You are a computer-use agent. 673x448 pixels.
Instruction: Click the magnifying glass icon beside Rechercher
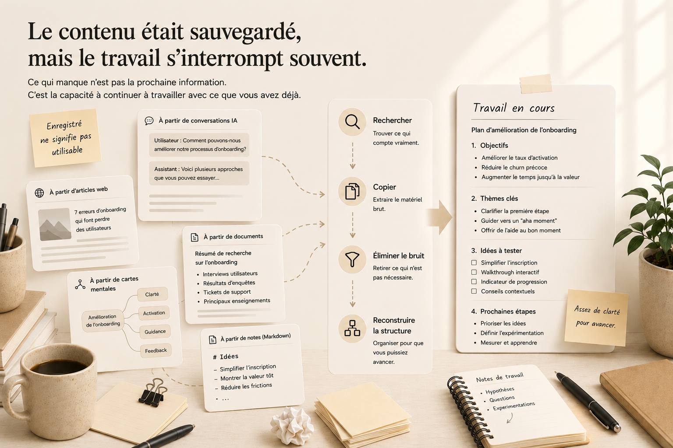coord(352,122)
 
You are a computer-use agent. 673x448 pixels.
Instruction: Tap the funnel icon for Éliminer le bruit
coord(352,259)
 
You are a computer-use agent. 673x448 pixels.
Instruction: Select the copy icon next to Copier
coord(352,191)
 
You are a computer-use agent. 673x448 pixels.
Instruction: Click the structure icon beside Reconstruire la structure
coord(352,328)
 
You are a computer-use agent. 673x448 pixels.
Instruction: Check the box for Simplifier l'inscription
coord(474,262)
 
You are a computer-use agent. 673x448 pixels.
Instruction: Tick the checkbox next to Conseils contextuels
coord(474,291)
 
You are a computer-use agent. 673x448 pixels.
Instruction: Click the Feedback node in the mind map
coord(156,350)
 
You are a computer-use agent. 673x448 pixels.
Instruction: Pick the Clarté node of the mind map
coord(152,294)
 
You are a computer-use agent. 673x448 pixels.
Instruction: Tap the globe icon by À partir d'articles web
coord(39,193)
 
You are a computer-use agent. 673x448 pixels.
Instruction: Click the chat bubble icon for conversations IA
coord(149,121)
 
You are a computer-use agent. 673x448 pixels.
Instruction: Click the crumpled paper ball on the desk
coord(292,426)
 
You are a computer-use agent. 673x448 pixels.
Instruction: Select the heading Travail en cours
coord(514,108)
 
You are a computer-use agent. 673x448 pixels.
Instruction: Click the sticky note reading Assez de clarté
coord(596,318)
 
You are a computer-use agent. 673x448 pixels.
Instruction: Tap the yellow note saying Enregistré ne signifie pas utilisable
coord(65,138)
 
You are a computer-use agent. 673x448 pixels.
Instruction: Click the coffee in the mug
coord(59,366)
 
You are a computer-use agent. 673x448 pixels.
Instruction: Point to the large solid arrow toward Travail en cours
coord(439,217)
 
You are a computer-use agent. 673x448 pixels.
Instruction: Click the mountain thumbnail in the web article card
coord(55,224)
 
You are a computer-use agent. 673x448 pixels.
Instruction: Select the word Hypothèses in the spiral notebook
coord(500,390)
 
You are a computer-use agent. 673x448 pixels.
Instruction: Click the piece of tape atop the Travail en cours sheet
coord(536,84)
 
